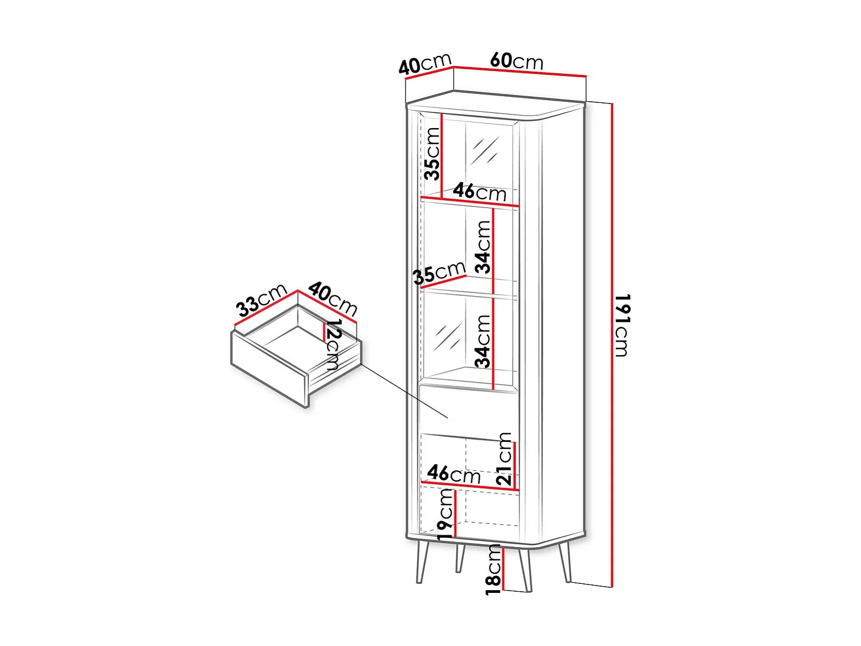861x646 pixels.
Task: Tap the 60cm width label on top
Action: (516, 60)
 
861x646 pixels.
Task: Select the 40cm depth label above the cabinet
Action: (425, 64)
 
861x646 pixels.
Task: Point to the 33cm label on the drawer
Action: (261, 300)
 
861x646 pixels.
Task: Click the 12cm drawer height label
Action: (332, 345)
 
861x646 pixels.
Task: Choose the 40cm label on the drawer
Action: (333, 298)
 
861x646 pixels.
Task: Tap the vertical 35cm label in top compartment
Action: (432, 153)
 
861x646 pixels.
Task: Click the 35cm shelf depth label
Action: (439, 273)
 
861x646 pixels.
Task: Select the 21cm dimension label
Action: (504, 458)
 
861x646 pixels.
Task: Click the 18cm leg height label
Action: (494, 569)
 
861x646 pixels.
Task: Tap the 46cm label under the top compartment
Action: (479, 192)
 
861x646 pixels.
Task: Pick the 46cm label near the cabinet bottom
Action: (454, 474)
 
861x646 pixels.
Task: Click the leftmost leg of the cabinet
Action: (422, 562)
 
